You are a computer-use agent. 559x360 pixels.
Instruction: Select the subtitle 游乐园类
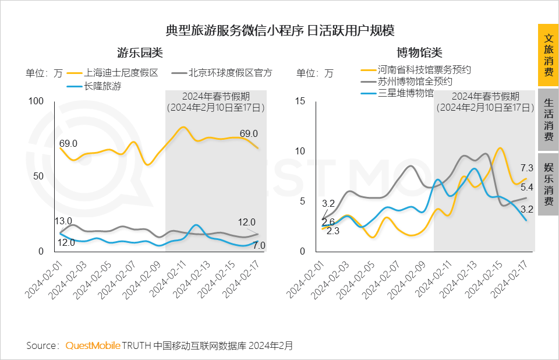(x=139, y=53)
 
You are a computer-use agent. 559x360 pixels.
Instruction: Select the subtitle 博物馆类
(x=419, y=53)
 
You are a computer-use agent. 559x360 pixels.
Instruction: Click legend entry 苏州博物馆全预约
(x=415, y=82)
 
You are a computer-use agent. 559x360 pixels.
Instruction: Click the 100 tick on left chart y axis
(x=36, y=101)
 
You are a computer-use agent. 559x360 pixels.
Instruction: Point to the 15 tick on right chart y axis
(x=300, y=101)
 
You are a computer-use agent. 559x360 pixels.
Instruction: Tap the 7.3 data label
(x=526, y=167)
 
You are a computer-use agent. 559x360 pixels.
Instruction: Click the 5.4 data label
(x=526, y=188)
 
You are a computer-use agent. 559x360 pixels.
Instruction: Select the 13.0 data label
(x=63, y=221)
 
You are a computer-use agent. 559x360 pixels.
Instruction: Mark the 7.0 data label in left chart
(x=259, y=245)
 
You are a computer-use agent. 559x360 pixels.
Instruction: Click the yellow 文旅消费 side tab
(x=548, y=55)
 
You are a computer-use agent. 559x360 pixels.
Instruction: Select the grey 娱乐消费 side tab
(x=548, y=184)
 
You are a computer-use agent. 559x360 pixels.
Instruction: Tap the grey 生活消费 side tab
(x=548, y=119)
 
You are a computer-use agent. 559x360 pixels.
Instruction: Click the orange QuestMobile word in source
(x=93, y=346)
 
